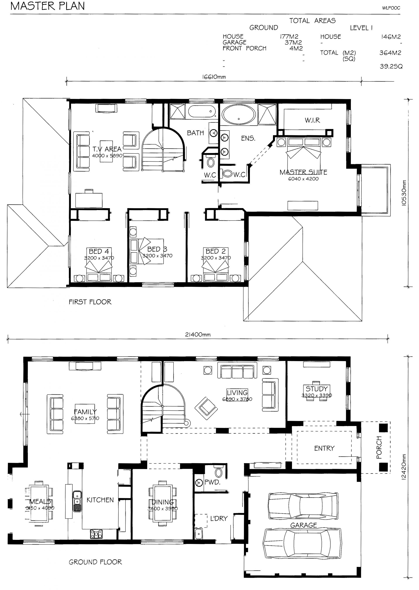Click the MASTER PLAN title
click(x=48, y=6)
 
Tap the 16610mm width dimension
click(x=214, y=77)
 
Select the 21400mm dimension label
click(x=198, y=335)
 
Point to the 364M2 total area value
click(x=390, y=53)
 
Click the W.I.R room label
click(x=313, y=120)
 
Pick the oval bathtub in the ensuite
click(x=239, y=115)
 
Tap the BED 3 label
click(x=157, y=249)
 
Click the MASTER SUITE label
click(x=303, y=172)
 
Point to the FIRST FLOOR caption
click(x=90, y=302)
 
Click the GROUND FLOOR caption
click(x=95, y=562)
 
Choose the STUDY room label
click(x=317, y=389)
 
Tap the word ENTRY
click(x=324, y=448)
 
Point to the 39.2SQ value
click(x=391, y=67)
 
